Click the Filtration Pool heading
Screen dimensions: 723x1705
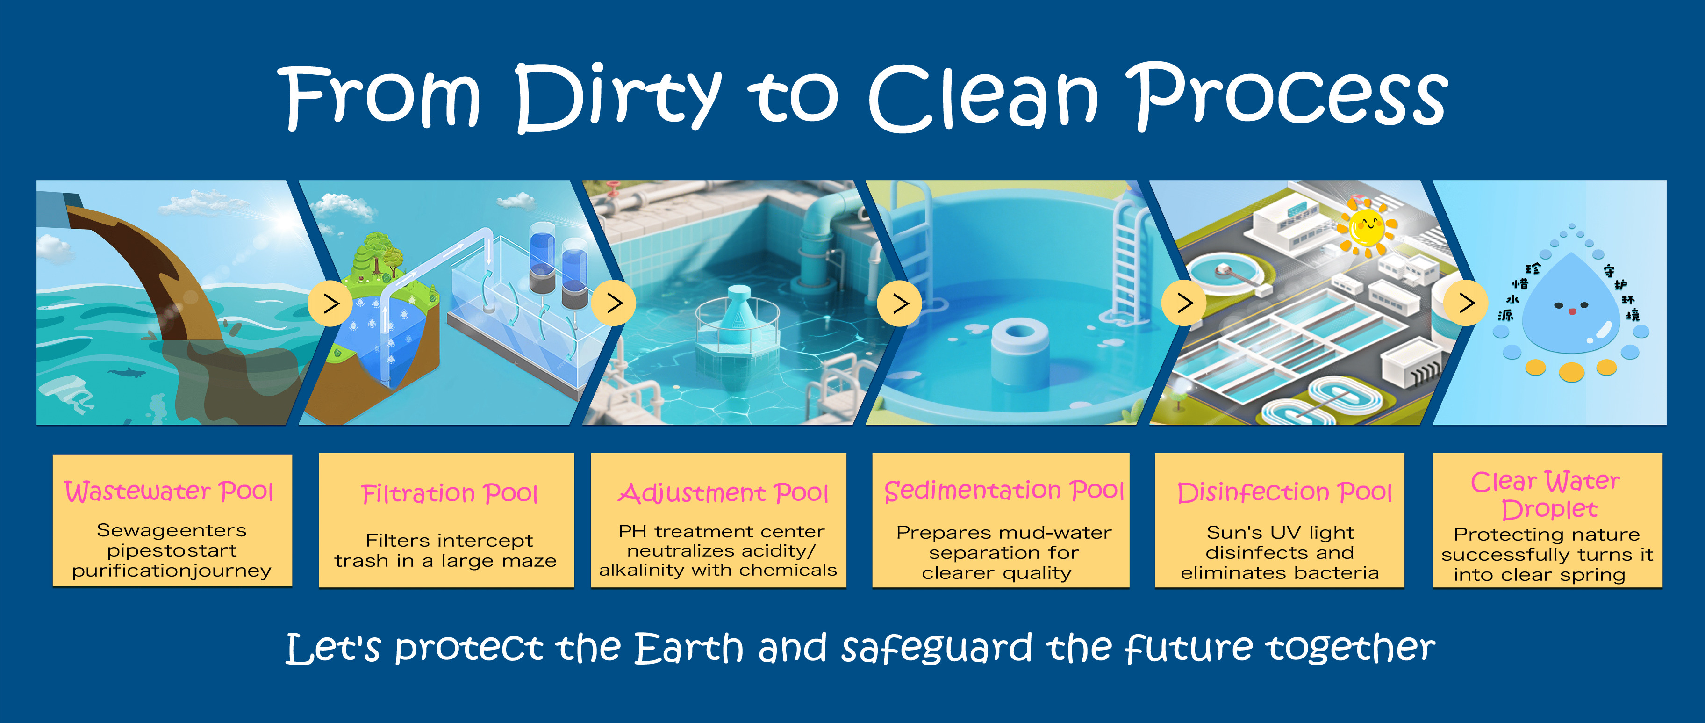point(450,493)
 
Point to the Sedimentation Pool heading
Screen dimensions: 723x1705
point(1004,491)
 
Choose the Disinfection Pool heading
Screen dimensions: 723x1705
point(1284,492)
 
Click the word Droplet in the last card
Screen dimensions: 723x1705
point(1549,509)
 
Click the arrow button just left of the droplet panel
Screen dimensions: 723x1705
point(1467,303)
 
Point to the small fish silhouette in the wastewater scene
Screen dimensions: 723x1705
point(125,373)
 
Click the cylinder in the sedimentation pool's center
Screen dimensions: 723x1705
point(1019,347)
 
